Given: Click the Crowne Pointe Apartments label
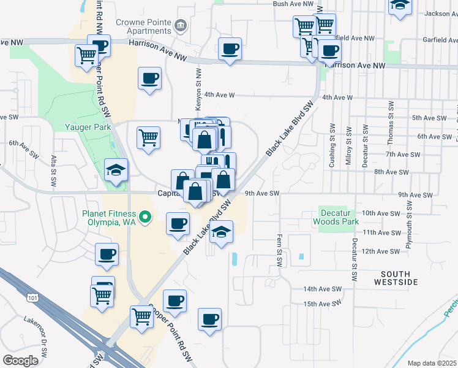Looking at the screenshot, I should coord(143,26).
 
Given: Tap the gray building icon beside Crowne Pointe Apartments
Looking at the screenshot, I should coord(181,25).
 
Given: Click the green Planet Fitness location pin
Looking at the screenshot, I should coord(145,217).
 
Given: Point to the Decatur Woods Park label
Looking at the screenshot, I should coord(335,217).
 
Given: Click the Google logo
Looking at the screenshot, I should coord(21,361).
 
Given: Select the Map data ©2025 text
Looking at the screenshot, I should coord(432,363).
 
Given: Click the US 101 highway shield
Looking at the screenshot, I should coord(31,297).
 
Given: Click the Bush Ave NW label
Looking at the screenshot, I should coord(289,4).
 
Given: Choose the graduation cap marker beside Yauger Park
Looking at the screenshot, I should coord(116,171).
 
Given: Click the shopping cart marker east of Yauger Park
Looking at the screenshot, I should coord(148,139).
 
